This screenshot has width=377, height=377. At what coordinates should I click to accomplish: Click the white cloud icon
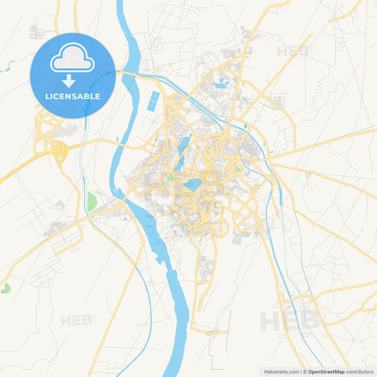(73, 60)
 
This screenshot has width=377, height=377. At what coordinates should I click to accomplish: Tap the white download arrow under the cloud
(73, 81)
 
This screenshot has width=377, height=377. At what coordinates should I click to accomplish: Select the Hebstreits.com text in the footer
(280, 371)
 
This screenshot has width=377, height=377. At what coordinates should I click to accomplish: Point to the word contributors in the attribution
(359, 371)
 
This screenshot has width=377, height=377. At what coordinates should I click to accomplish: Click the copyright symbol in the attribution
(304, 371)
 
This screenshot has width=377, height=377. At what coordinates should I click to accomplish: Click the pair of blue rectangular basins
(153, 101)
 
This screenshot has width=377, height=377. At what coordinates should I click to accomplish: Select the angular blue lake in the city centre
(191, 185)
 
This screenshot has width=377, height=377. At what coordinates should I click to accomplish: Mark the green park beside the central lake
(170, 177)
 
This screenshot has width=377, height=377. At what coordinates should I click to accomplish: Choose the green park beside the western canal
(91, 201)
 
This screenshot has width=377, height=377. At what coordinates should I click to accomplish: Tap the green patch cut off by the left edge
(5, 288)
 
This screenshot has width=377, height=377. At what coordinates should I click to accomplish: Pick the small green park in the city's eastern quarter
(238, 168)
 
